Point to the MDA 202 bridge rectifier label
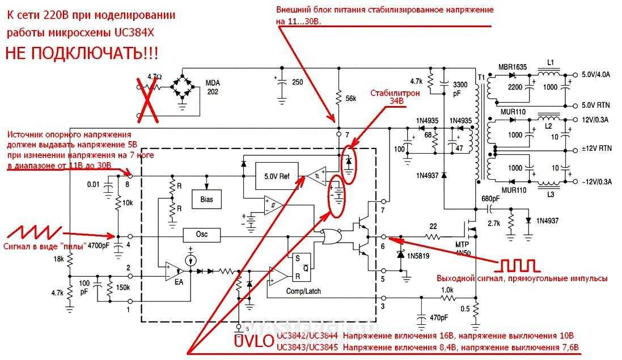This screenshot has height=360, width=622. click(x=213, y=87)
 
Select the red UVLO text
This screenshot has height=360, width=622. click(x=254, y=341)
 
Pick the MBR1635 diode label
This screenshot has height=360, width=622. click(x=513, y=67)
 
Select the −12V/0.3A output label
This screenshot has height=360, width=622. click(x=599, y=181)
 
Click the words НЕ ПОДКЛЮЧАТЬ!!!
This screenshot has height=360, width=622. click(x=82, y=54)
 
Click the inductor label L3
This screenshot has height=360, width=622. click(x=551, y=194)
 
